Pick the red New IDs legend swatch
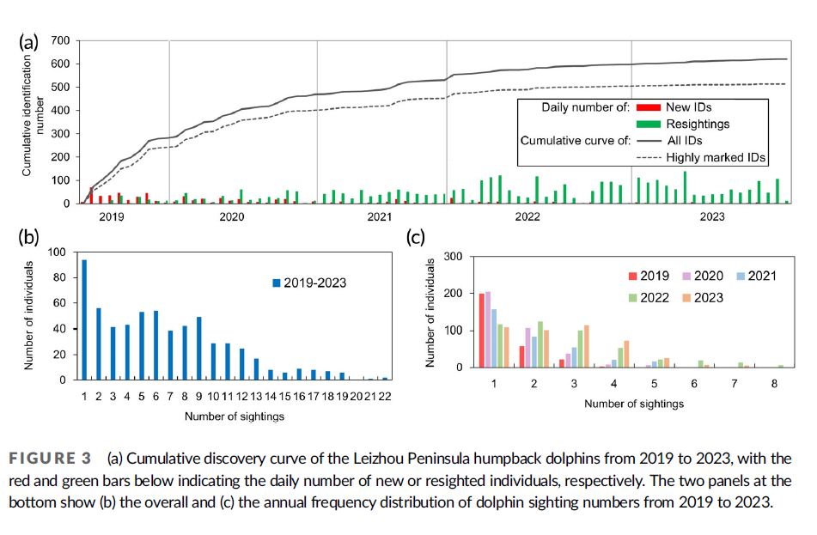[648, 107]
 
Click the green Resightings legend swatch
[648, 124]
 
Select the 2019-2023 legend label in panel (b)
[317, 281]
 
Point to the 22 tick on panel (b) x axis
[385, 396]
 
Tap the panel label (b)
[31, 238]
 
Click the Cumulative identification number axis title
[27, 116]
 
